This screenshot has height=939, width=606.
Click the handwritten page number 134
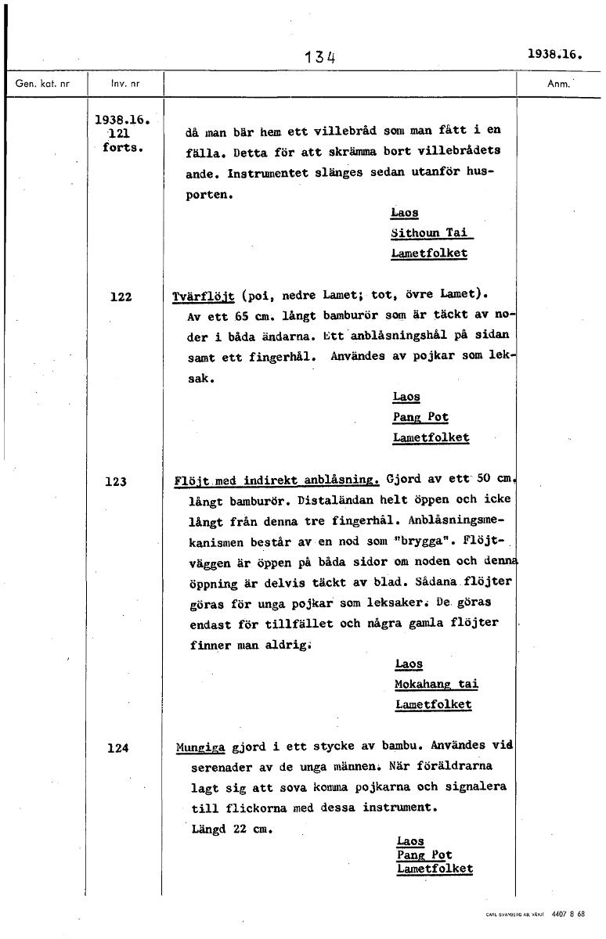pyautogui.click(x=322, y=56)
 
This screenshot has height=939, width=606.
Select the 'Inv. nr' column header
pyautogui.click(x=124, y=83)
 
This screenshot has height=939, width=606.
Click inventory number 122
pyautogui.click(x=121, y=297)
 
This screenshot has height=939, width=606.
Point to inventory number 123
pyautogui.click(x=116, y=482)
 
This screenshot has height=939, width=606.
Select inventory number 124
pyautogui.click(x=117, y=748)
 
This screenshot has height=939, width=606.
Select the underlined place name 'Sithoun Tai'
pyautogui.click(x=431, y=233)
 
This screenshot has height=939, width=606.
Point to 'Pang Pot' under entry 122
pyautogui.click(x=420, y=418)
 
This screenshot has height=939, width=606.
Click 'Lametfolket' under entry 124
pyautogui.click(x=435, y=869)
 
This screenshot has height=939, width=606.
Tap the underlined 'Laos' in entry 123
pyautogui.click(x=409, y=664)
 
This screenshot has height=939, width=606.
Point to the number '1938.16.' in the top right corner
pyautogui.click(x=557, y=55)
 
